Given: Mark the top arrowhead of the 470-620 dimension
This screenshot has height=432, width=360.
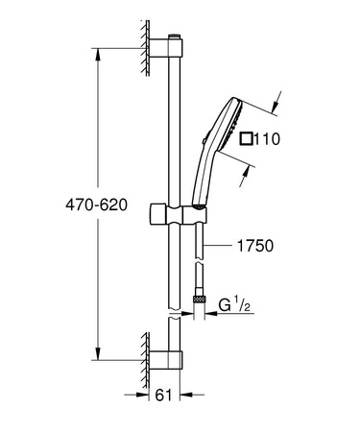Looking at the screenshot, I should pos(98,50).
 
